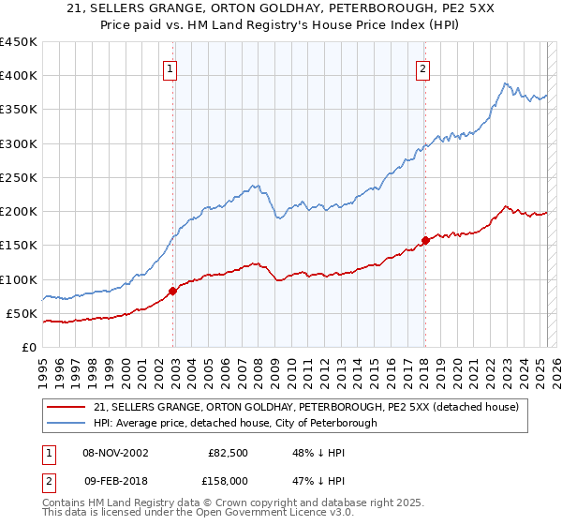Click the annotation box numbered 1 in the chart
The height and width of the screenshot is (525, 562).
[x=170, y=68]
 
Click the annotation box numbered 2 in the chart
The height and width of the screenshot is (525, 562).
[x=422, y=68]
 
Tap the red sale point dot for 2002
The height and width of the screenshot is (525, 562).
[x=173, y=291]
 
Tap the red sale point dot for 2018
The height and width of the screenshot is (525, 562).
[x=425, y=240]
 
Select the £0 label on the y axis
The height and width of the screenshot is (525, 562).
[x=28, y=347]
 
